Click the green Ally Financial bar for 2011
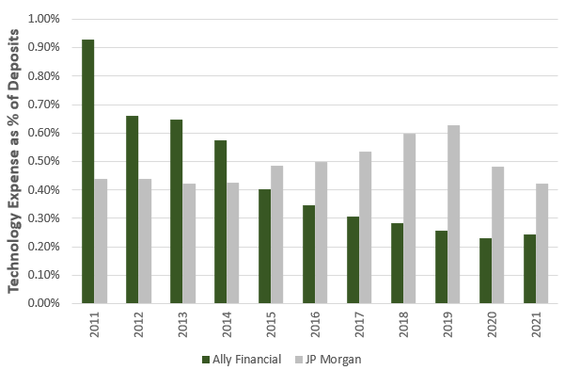click(x=88, y=171)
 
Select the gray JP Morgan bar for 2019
click(x=454, y=214)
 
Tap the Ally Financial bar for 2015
click(x=264, y=246)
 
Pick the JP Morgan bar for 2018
click(x=409, y=218)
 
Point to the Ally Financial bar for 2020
click(x=485, y=271)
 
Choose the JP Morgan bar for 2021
click(x=541, y=243)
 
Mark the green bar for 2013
click(x=176, y=212)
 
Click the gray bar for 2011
click(x=101, y=241)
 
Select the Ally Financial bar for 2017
click(x=353, y=260)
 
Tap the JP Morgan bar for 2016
click(x=322, y=233)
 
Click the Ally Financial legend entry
click(x=242, y=360)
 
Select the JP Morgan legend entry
click(x=328, y=360)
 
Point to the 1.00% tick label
click(x=43, y=19)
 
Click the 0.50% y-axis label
click(x=43, y=161)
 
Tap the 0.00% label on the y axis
click(x=43, y=303)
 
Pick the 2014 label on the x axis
click(x=227, y=325)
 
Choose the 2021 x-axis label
click(x=537, y=325)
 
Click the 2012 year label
click(x=139, y=325)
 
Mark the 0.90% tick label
click(x=43, y=47)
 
